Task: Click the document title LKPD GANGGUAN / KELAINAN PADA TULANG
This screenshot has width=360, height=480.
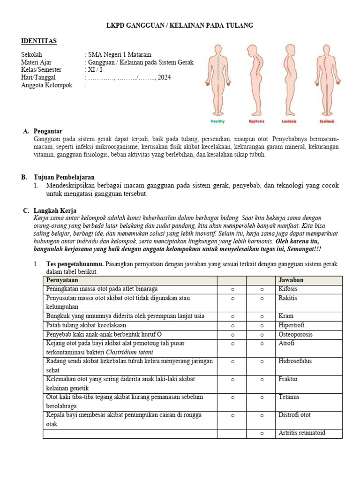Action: (180, 26)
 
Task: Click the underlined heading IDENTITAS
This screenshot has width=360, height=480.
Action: (39, 41)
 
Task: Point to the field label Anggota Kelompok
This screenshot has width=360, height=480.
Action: (46, 85)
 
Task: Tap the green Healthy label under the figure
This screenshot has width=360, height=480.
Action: (217, 121)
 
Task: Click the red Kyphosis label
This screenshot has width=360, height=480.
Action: (256, 121)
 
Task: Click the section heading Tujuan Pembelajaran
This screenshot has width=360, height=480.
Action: (64, 177)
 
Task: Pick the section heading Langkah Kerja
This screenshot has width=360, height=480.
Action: (55, 211)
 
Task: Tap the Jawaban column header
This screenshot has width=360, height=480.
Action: (291, 280)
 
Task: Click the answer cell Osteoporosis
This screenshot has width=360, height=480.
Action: (295, 335)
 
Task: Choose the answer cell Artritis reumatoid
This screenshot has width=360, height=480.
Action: (302, 433)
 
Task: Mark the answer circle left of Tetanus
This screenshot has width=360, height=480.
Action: (262, 397)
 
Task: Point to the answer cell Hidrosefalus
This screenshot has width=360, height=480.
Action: (295, 361)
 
